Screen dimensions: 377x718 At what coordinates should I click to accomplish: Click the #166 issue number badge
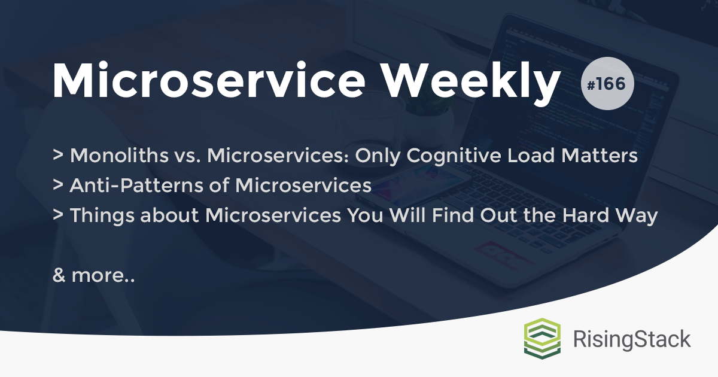coord(607,83)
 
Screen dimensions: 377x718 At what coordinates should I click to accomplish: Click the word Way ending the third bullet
coord(640,216)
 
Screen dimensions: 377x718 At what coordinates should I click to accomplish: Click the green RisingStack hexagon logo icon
coord(542,339)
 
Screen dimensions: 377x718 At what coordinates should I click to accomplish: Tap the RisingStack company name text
coord(632,339)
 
